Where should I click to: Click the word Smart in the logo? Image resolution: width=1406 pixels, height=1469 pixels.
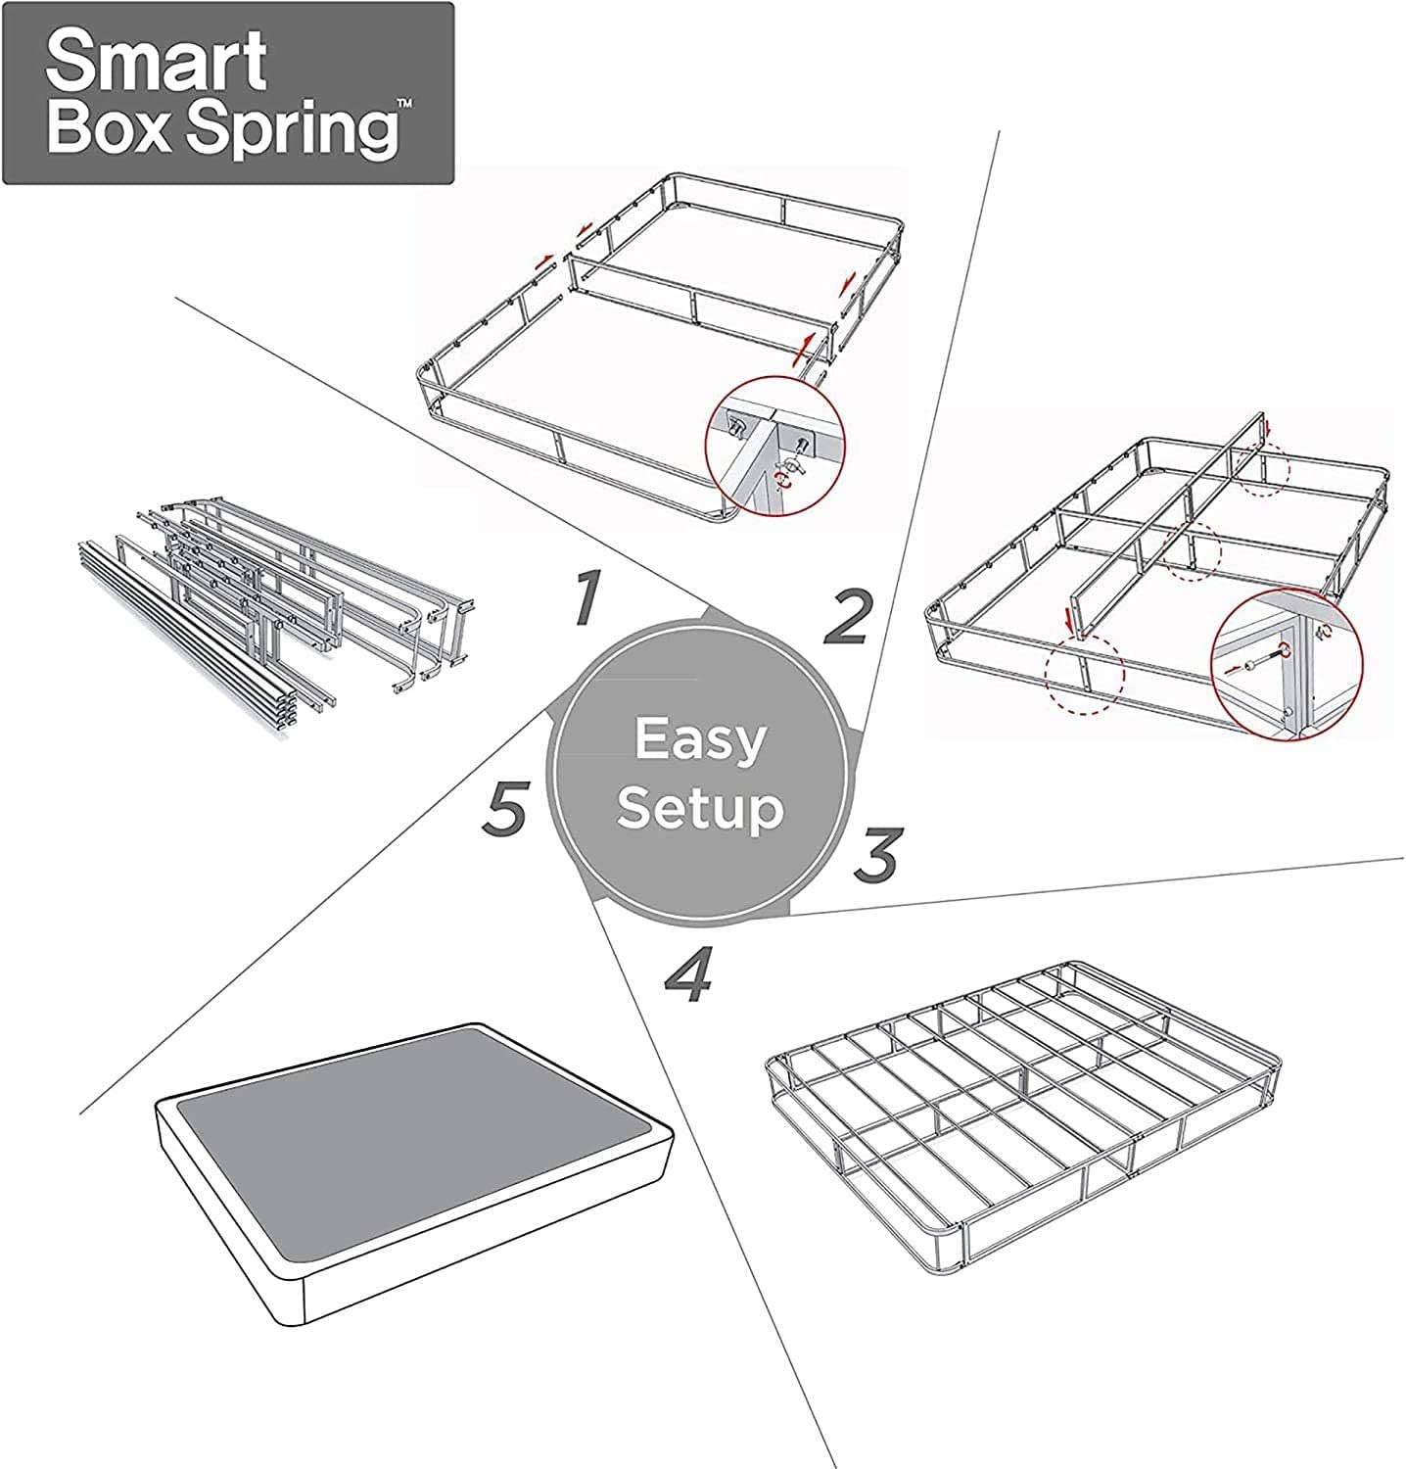click(x=156, y=61)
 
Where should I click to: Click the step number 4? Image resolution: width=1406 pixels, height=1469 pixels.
click(x=690, y=975)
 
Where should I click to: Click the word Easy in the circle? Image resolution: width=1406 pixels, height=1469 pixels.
click(x=699, y=739)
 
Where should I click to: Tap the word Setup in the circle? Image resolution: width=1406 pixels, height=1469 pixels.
click(x=701, y=809)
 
